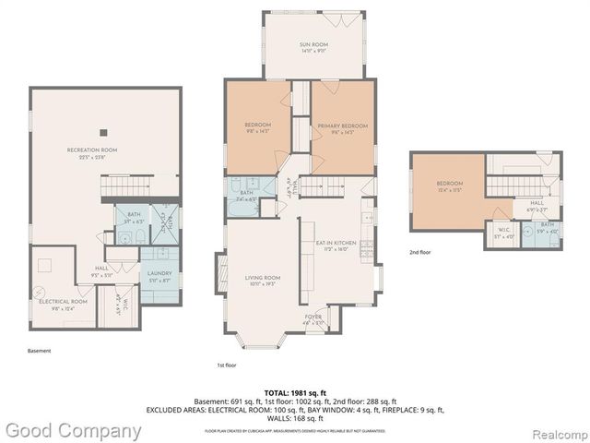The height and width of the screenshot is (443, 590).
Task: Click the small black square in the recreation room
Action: (x=104, y=130)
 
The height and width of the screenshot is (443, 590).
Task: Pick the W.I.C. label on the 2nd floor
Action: (x=501, y=233)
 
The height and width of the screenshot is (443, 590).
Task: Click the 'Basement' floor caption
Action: (x=39, y=351)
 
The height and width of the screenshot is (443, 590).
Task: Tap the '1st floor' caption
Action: (x=225, y=365)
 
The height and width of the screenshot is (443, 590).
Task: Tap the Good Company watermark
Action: (x=73, y=430)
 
